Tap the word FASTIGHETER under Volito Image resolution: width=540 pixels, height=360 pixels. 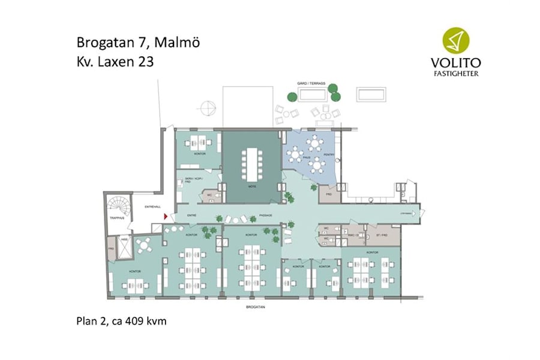[x=458, y=74]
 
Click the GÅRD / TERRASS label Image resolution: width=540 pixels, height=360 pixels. [x=311, y=83]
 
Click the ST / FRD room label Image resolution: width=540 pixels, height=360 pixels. [x=382, y=235]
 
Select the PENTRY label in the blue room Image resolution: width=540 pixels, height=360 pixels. [x=329, y=155]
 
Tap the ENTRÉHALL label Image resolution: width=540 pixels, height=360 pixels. [x=150, y=207]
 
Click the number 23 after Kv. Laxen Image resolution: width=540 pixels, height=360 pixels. [x=146, y=61]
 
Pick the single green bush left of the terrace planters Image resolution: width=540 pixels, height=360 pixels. [x=292, y=96]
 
